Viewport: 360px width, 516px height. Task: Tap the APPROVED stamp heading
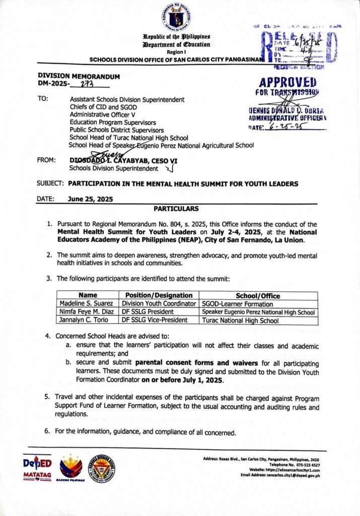pos(287,83)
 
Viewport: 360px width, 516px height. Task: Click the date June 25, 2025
pos(90,199)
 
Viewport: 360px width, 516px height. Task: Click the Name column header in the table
pos(87,295)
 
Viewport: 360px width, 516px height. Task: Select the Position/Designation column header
pos(156,295)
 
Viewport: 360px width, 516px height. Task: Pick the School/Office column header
pos(258,295)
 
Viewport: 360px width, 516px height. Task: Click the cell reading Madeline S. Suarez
pos(87,304)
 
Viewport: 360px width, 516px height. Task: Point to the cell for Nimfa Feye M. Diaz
pos(87,312)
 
